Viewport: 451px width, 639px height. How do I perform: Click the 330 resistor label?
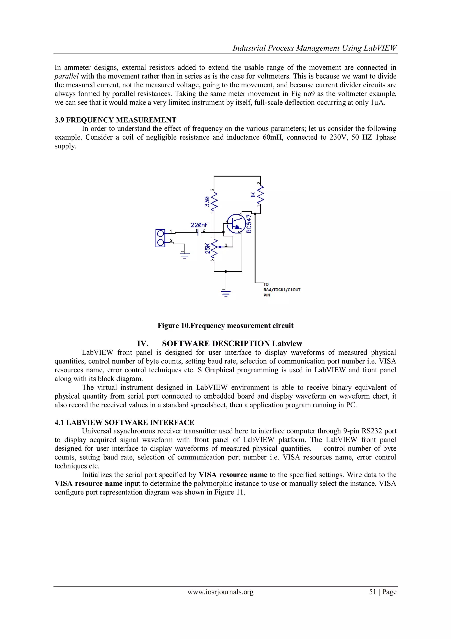[x=207, y=202]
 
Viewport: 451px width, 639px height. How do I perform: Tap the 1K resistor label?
[x=253, y=195]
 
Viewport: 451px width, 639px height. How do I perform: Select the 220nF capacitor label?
[x=199, y=225]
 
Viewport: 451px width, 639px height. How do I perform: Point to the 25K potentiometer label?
[x=207, y=248]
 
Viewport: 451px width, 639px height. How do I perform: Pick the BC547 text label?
[x=249, y=223]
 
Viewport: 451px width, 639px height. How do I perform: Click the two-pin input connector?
[x=160, y=238]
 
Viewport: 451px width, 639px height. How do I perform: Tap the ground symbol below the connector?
[x=185, y=255]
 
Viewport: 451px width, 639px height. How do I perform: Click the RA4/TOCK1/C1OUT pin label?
[x=282, y=290]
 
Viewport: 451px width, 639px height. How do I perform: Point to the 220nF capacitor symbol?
[x=199, y=232]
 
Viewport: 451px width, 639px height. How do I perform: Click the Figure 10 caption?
[x=225, y=326]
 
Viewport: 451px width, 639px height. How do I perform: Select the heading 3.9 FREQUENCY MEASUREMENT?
[x=115, y=120]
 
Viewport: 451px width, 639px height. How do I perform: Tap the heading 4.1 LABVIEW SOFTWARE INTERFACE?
[x=124, y=422]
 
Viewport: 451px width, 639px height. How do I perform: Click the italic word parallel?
[x=67, y=76]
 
